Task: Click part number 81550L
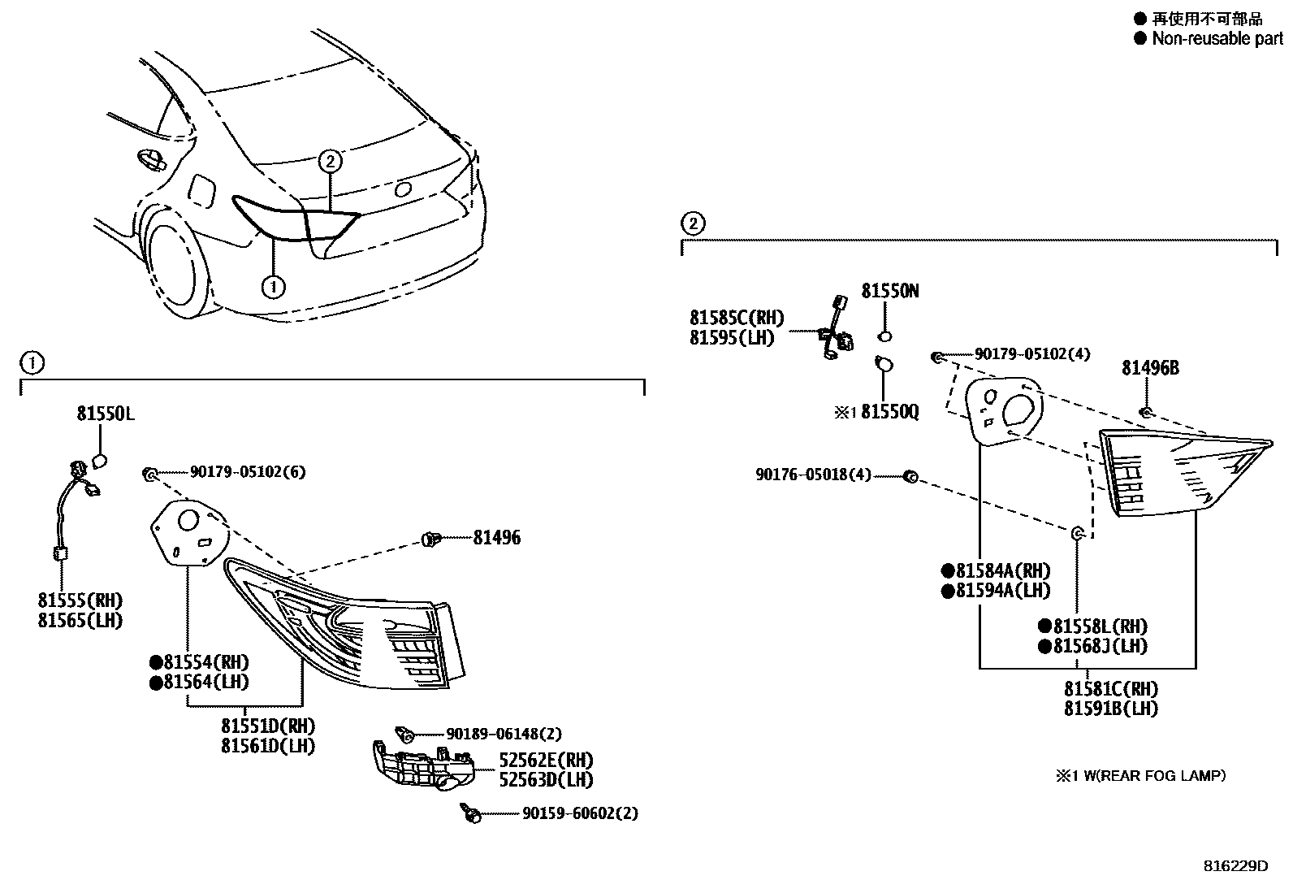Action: tap(106, 414)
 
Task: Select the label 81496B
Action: tap(1150, 368)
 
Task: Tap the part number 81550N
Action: tap(890, 291)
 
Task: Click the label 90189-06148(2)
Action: tap(503, 734)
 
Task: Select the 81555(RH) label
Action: tap(80, 600)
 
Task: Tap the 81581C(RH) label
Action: tap(1111, 689)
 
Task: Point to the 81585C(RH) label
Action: tap(737, 318)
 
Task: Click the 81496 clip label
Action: tap(496, 537)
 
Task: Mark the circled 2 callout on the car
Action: tap(329, 161)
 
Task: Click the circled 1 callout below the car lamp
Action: tap(274, 286)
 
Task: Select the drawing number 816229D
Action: tap(1235, 865)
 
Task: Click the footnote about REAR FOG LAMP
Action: tap(1140, 776)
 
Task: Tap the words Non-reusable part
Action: tap(1216, 38)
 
